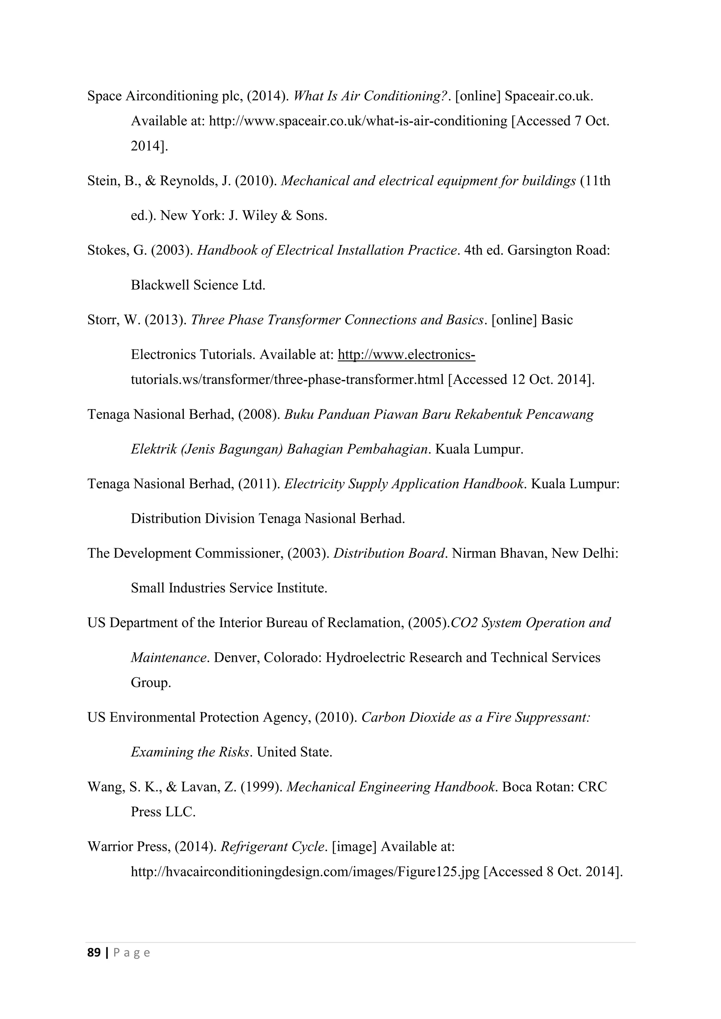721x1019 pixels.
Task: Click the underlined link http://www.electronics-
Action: pyautogui.click(x=406, y=355)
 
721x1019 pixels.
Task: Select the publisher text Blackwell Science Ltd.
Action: pyautogui.click(x=198, y=285)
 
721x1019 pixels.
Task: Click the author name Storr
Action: pyautogui.click(x=102, y=320)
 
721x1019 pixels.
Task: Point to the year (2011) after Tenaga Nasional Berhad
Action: pyautogui.click(x=259, y=484)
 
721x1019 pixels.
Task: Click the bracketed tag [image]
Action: pyautogui.click(x=354, y=847)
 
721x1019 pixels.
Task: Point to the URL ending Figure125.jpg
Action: pyautogui.click(x=305, y=872)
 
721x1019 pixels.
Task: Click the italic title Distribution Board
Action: pyautogui.click(x=389, y=553)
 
